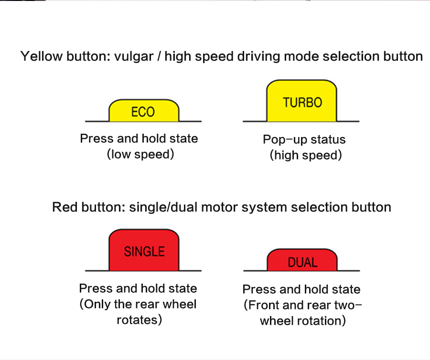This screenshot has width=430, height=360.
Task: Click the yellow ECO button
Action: (x=143, y=111)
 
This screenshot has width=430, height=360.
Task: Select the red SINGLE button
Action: (x=144, y=251)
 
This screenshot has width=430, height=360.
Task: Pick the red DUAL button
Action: (x=302, y=262)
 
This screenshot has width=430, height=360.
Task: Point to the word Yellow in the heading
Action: (x=42, y=56)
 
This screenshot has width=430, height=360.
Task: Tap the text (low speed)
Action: (x=140, y=154)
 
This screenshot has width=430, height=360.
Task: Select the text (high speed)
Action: (x=306, y=155)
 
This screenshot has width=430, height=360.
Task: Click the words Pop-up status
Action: (x=304, y=140)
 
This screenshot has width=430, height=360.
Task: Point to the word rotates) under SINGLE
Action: (x=140, y=319)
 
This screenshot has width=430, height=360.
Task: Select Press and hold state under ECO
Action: (x=139, y=138)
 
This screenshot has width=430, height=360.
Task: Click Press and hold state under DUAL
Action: (x=301, y=289)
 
